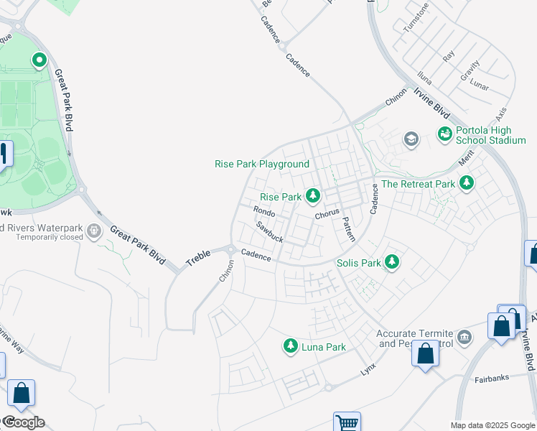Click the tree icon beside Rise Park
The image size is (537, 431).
(312, 195)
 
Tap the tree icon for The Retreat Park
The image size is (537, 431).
(467, 183)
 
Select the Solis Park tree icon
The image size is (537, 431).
(391, 262)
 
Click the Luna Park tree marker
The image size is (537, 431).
(291, 346)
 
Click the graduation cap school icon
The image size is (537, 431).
(411, 139)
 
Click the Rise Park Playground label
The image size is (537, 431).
(262, 164)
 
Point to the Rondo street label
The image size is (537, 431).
(265, 211)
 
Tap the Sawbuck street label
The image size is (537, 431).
(270, 231)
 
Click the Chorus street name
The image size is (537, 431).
(326, 215)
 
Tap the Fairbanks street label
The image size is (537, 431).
(491, 378)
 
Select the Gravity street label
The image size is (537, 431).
(470, 70)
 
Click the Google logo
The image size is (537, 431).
(24, 422)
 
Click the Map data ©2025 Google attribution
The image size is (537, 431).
(492, 425)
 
